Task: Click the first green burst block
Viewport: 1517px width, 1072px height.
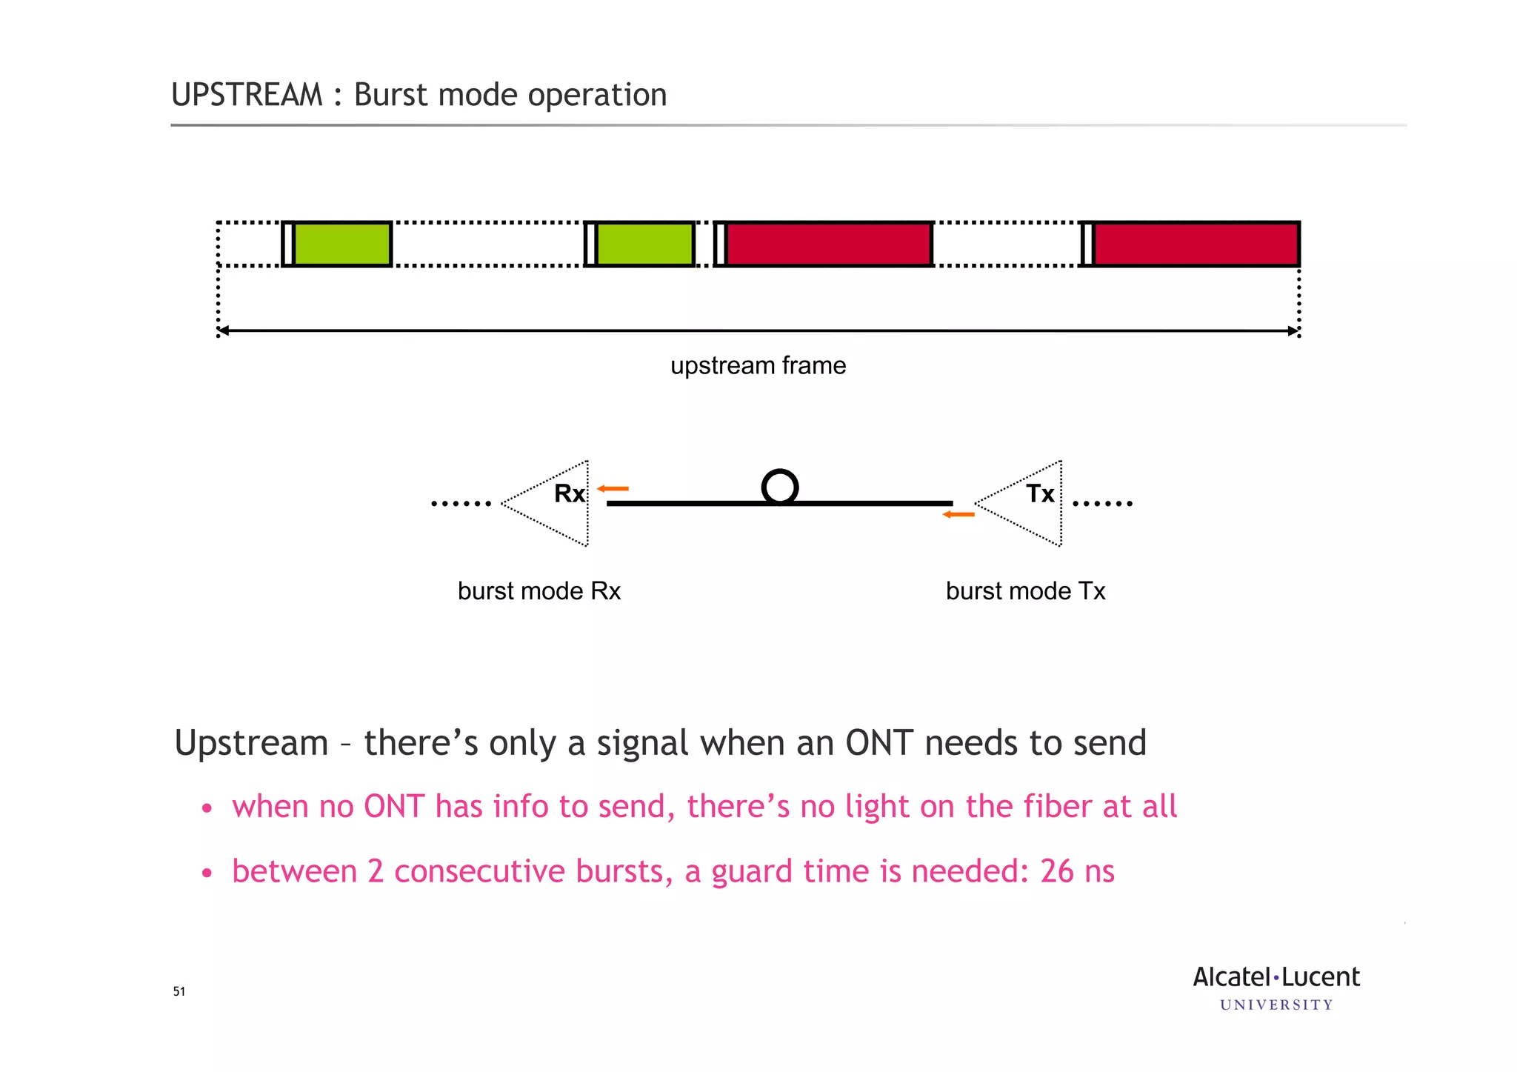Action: point(342,244)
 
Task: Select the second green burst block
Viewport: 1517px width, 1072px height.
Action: point(645,244)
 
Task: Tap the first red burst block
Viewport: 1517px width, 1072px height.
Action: point(828,244)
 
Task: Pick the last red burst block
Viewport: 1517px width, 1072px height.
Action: point(1196,244)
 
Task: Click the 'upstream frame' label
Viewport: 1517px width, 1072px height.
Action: point(758,366)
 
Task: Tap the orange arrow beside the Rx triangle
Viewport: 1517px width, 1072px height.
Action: point(613,489)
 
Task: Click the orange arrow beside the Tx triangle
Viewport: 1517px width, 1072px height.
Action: point(958,514)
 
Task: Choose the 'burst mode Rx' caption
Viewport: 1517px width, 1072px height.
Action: point(539,591)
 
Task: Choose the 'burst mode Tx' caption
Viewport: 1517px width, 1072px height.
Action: point(1025,591)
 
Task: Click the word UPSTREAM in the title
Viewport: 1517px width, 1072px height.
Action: point(247,95)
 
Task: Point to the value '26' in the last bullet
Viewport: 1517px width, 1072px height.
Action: point(1056,871)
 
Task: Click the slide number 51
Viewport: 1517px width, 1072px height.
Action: point(179,992)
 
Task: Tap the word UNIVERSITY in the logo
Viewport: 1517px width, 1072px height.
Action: point(1276,1005)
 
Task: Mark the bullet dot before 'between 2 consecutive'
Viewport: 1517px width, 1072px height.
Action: point(207,873)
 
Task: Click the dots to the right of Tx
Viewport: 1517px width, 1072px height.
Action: point(1102,504)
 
